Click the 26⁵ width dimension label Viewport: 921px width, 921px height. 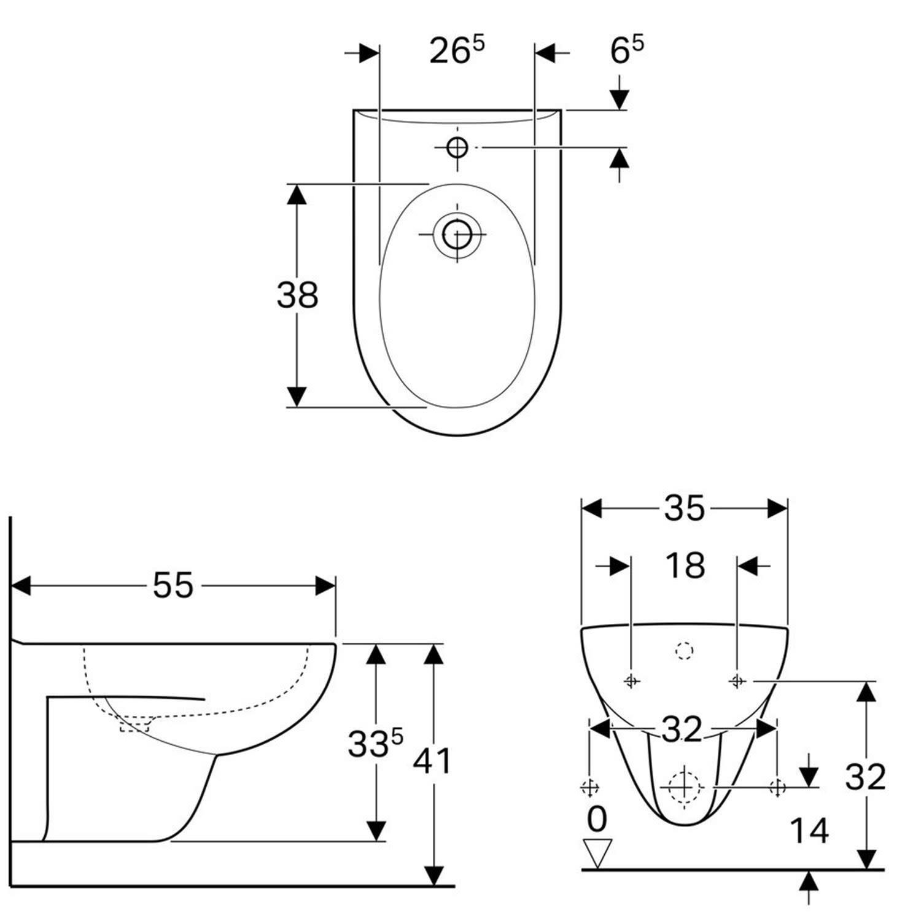click(457, 50)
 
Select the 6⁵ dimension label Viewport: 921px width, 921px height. click(627, 50)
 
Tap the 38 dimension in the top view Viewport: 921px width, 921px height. click(297, 295)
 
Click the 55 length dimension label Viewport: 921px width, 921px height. click(173, 585)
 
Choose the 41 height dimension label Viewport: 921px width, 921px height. click(432, 761)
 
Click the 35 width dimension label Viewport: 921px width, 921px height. click(685, 508)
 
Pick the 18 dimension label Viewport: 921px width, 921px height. click(685, 565)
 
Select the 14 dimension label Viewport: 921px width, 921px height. click(809, 831)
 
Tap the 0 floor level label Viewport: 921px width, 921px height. click(597, 819)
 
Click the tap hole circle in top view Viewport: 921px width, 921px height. click(457, 147)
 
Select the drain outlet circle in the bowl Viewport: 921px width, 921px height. click(457, 234)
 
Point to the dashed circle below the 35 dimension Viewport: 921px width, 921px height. click(684, 650)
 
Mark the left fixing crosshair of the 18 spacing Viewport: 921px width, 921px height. click(632, 680)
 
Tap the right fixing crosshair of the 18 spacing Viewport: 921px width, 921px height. click(737, 680)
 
